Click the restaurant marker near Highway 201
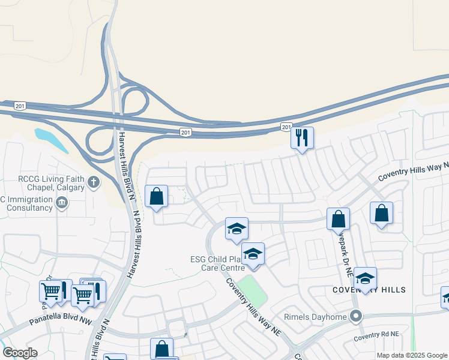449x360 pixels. (x=301, y=137)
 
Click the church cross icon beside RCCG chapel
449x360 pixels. (x=93, y=182)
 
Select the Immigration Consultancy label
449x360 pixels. (x=27, y=203)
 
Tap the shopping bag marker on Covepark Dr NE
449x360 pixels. (x=339, y=219)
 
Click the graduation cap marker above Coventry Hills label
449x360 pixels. (x=365, y=278)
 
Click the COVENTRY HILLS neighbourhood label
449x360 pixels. (x=369, y=290)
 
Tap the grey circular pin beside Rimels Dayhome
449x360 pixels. (x=356, y=316)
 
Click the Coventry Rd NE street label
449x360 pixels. (x=376, y=336)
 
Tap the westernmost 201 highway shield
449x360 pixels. (x=21, y=104)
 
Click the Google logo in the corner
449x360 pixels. (x=20, y=353)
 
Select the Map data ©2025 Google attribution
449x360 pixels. (x=411, y=355)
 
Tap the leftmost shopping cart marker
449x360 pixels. (x=51, y=291)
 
